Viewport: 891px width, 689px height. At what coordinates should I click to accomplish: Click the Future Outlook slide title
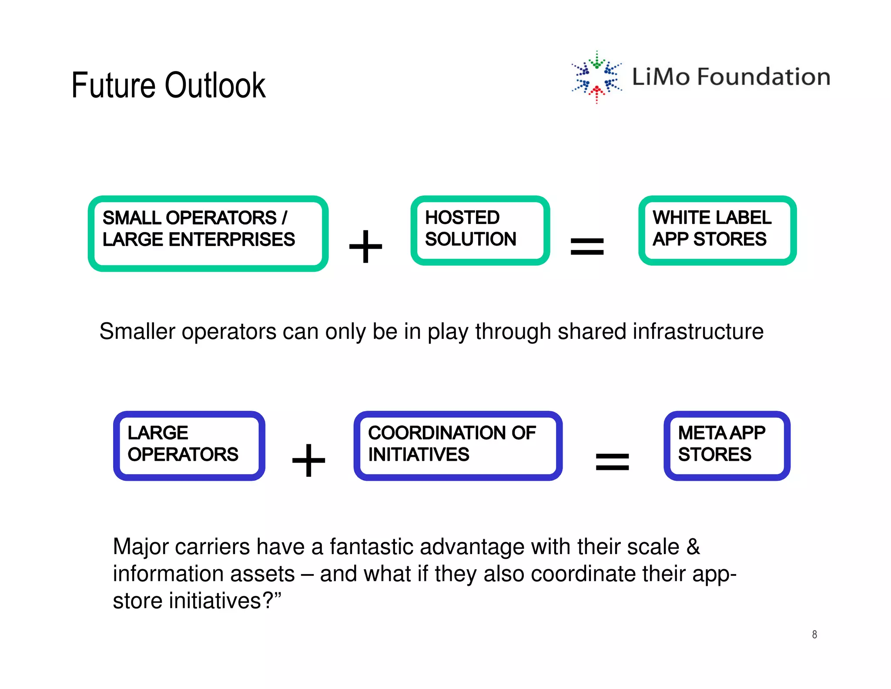point(168,85)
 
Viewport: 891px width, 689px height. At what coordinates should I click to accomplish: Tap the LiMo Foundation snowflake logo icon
point(596,77)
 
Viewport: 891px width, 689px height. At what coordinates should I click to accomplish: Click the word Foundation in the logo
point(764,77)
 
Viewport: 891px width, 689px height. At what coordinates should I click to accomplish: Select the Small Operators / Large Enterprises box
point(208,233)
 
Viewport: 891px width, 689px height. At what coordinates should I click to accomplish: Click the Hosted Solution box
point(480,230)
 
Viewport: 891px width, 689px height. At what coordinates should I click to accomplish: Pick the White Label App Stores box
point(717,230)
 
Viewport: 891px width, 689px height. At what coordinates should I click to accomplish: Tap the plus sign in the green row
point(365,247)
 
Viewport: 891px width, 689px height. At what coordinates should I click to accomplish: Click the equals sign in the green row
point(587,247)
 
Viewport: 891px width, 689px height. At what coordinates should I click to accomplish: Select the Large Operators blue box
point(189,445)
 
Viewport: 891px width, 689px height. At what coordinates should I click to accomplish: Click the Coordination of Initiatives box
point(458,445)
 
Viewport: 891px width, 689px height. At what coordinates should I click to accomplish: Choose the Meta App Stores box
point(727,445)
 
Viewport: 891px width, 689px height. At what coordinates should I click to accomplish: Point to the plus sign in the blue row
point(308,460)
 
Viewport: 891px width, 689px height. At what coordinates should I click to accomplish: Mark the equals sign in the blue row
point(612,462)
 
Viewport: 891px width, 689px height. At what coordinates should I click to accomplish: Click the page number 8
point(814,635)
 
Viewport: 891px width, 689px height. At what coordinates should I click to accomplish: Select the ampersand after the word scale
point(693,547)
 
